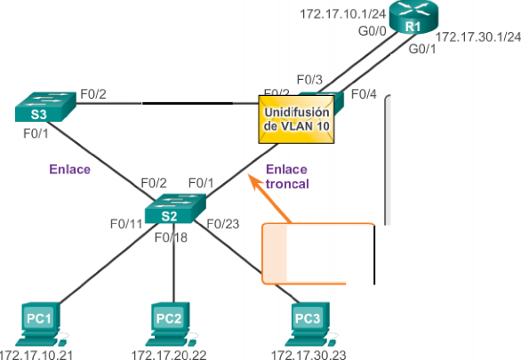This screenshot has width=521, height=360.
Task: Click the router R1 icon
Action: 413,17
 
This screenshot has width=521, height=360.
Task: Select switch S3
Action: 45,107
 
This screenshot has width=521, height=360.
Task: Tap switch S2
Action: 175,208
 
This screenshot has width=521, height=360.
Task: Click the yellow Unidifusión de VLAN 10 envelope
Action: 296,119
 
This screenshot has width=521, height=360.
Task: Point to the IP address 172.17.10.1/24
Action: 342,14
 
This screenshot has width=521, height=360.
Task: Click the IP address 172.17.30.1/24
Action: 478,36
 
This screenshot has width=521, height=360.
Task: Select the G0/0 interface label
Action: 373,31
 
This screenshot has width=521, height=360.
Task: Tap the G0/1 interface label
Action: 422,49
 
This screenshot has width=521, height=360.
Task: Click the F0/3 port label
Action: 309,80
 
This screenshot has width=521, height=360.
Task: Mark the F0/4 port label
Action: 364,94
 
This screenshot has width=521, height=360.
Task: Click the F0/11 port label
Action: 126,224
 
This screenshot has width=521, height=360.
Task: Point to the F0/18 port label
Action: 171,237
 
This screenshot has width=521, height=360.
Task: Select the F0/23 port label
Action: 223,224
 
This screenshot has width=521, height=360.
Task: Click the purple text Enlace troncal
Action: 287,177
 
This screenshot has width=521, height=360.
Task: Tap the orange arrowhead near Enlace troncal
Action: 254,181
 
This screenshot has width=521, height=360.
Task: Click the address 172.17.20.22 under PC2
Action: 169,355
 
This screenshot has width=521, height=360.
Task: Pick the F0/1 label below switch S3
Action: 36,133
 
